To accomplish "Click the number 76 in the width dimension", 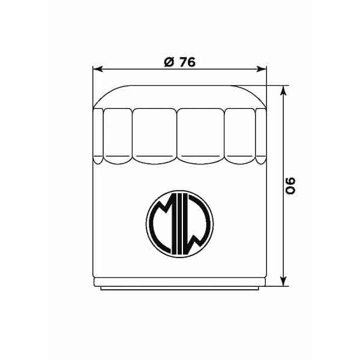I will coord(187,62).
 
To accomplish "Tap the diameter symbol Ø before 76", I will coord(169,62).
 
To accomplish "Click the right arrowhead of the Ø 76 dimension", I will coord(263,69).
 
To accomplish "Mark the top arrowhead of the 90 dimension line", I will coord(284,89).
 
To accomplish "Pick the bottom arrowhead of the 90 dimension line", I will coord(284,282).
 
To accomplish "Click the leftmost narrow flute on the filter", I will coord(98,136).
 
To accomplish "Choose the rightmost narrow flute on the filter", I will coord(261,136).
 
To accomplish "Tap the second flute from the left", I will coord(117,136).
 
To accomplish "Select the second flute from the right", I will coord(240,136).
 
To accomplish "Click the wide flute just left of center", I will coord(155,136).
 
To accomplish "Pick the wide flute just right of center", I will coord(202,136).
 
